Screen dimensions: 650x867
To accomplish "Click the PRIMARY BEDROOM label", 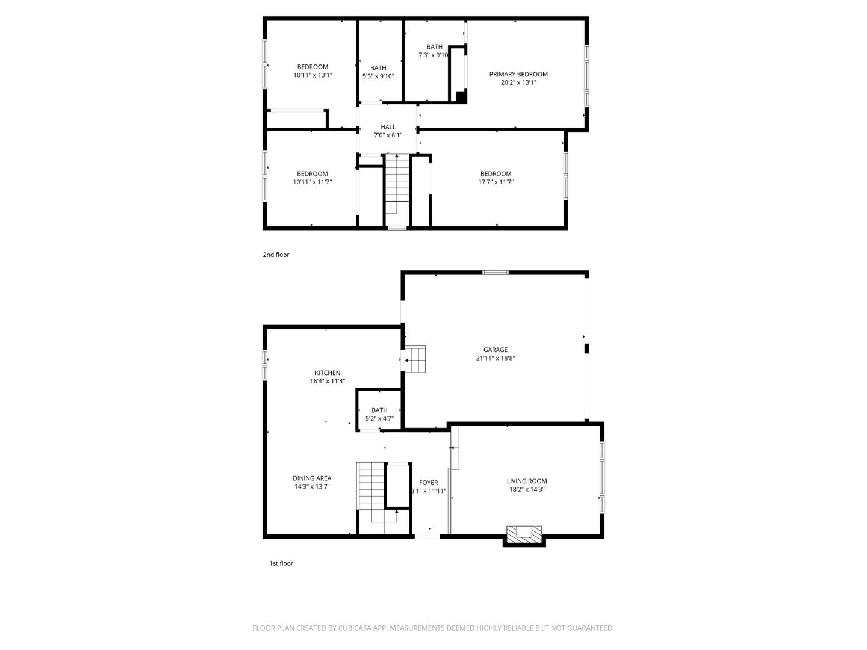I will point(518,75).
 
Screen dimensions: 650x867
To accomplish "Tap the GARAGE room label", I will point(495,350).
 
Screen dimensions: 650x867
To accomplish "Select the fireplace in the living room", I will point(524,533).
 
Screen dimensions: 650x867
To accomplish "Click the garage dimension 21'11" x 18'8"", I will point(495,358).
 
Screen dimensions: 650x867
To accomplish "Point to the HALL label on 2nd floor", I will point(388,127).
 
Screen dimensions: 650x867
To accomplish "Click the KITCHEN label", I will point(327,373).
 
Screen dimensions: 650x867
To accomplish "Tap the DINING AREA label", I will point(312,478).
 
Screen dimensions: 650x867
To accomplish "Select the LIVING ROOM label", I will point(526,481).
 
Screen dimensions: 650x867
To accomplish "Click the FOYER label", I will point(428,483).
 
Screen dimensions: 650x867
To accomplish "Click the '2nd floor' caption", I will point(276,255).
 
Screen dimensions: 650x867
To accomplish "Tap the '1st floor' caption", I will point(281,563).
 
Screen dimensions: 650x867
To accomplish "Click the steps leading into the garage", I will point(415,359).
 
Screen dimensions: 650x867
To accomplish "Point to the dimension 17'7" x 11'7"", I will point(496,182).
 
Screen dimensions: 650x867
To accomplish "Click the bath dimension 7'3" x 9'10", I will point(433,55).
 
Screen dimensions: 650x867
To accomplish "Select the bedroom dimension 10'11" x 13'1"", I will point(312,75).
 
